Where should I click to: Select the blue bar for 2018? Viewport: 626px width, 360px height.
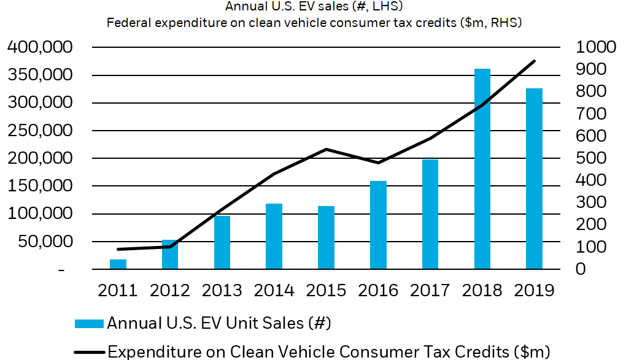(482, 169)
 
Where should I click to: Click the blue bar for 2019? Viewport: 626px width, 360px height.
(534, 178)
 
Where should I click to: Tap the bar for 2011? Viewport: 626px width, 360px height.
(118, 264)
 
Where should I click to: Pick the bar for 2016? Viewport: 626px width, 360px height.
(378, 224)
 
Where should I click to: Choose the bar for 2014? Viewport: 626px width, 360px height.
(274, 236)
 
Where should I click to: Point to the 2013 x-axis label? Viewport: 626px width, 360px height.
(222, 289)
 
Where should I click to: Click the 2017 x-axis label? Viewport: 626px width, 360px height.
(430, 289)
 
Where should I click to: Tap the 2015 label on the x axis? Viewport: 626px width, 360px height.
(326, 289)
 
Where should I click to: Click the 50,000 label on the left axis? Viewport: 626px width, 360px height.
(47, 242)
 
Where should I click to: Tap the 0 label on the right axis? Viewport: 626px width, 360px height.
(580, 269)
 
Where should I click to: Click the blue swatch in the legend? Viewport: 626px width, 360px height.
(90, 322)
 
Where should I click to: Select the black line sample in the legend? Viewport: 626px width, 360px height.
(90, 351)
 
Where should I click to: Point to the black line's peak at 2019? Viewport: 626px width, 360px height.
(535, 61)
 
